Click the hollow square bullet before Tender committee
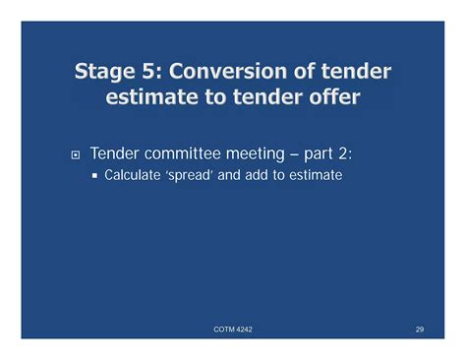coord(72,154)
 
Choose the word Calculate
coord(132,177)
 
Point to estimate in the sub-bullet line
coord(312,177)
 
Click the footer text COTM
coord(224,329)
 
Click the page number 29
coord(419,329)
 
